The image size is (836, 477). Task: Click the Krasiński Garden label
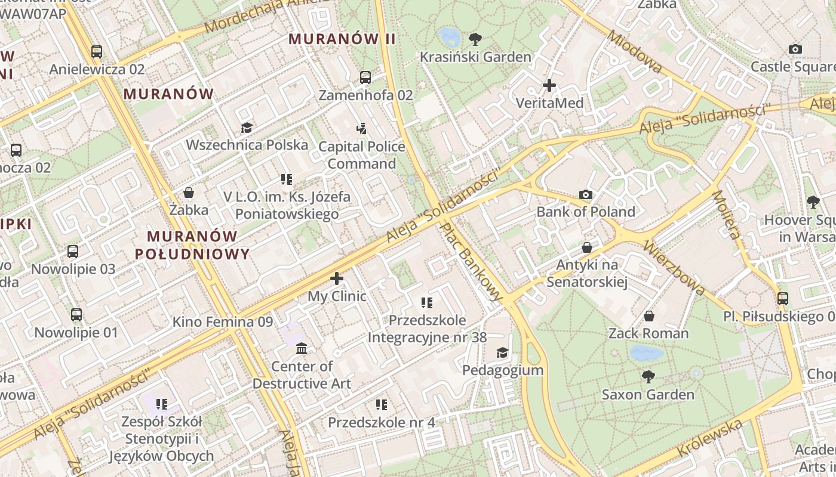coord(475,57)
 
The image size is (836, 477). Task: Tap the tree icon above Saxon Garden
coord(648,377)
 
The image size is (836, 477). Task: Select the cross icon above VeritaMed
coord(549,85)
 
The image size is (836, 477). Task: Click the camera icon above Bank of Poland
coord(586,194)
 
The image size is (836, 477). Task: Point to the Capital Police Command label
coord(362,155)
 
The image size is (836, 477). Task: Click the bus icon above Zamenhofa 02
coord(365,78)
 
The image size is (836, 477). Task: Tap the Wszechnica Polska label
coord(247,145)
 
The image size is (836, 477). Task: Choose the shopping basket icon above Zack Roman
coord(649,316)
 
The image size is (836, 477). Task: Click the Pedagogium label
coord(503,370)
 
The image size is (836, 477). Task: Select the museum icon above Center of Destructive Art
coord(302,348)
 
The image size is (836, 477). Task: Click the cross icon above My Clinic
coord(337,278)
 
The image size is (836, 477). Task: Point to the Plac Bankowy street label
coord(472,261)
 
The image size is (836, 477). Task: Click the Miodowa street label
coord(634,51)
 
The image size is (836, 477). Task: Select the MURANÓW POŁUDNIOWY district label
coord(192,245)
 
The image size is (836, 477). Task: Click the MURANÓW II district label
coord(342,39)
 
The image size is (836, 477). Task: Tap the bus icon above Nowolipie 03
coord(73,252)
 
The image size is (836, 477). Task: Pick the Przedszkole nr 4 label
coord(382,423)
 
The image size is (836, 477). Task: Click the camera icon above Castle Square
coord(795,49)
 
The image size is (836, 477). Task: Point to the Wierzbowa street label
coord(675,268)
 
